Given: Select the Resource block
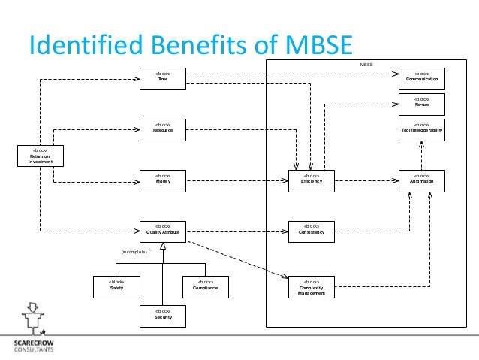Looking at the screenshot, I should (163, 129).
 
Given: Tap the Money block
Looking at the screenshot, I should (163, 180).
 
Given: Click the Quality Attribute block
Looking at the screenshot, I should (163, 230).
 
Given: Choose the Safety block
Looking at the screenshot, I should (116, 286).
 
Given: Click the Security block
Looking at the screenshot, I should (163, 315).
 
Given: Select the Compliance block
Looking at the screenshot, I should (205, 286).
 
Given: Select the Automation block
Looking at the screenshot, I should (422, 180).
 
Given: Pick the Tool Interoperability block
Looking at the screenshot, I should (422, 129).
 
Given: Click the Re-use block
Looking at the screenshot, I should (422, 103).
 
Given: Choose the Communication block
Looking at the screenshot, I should (422, 78).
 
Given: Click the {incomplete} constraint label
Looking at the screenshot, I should (134, 251).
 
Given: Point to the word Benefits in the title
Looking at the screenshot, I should (191, 44).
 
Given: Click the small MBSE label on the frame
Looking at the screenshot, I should (366, 65).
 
